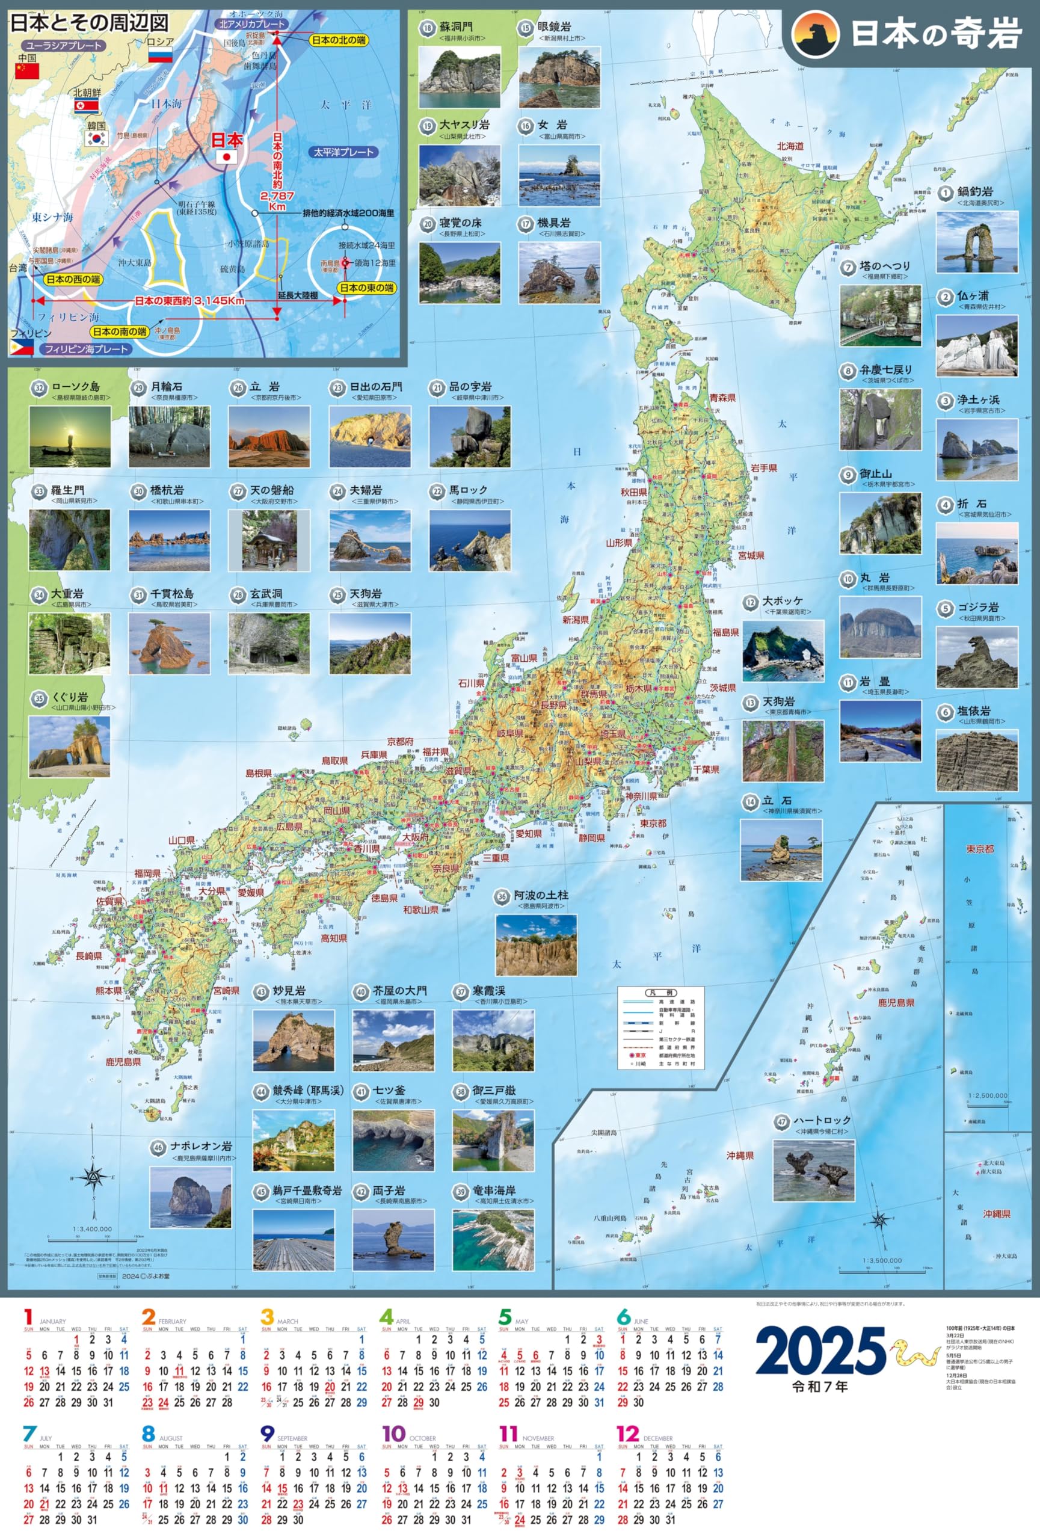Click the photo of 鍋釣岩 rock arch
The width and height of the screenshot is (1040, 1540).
[x=976, y=242]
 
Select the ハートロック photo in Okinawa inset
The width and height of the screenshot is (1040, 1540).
[x=813, y=1169]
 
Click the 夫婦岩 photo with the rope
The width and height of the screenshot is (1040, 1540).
[x=370, y=540]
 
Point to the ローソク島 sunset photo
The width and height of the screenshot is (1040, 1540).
[x=70, y=437]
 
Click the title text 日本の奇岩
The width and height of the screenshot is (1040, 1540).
[x=935, y=34]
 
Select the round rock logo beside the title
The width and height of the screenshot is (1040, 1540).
[x=816, y=34]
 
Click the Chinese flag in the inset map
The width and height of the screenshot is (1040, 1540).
[x=27, y=71]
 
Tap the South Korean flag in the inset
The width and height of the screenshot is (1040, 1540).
[x=96, y=138]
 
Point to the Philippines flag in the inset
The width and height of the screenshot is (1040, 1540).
[x=21, y=346]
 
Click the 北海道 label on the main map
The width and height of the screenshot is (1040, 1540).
[x=790, y=146]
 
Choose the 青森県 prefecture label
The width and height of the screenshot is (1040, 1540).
[x=722, y=398]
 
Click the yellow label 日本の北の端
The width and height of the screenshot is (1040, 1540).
[x=339, y=40]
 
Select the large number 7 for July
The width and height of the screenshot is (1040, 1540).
[x=29, y=1434]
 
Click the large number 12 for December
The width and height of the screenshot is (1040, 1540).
[x=627, y=1434]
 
